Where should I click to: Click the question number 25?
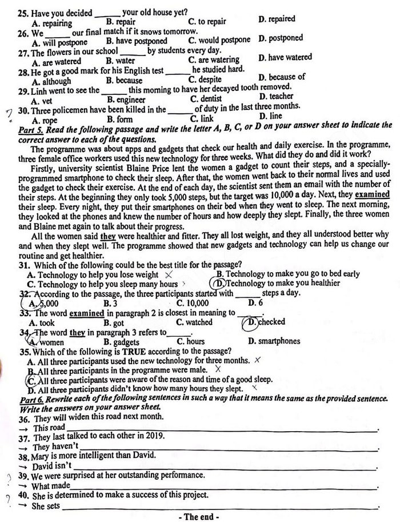pos(24,12)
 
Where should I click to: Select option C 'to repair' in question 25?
pos(207,22)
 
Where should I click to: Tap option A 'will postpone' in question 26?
pos(60,42)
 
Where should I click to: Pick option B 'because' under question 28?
pos(125,80)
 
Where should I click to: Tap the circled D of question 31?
pos(217,284)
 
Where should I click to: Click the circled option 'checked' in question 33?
pos(265,322)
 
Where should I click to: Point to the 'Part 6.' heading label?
pos(31,399)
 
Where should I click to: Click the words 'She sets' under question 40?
pos(46,507)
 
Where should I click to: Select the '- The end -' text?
pos(199,517)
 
